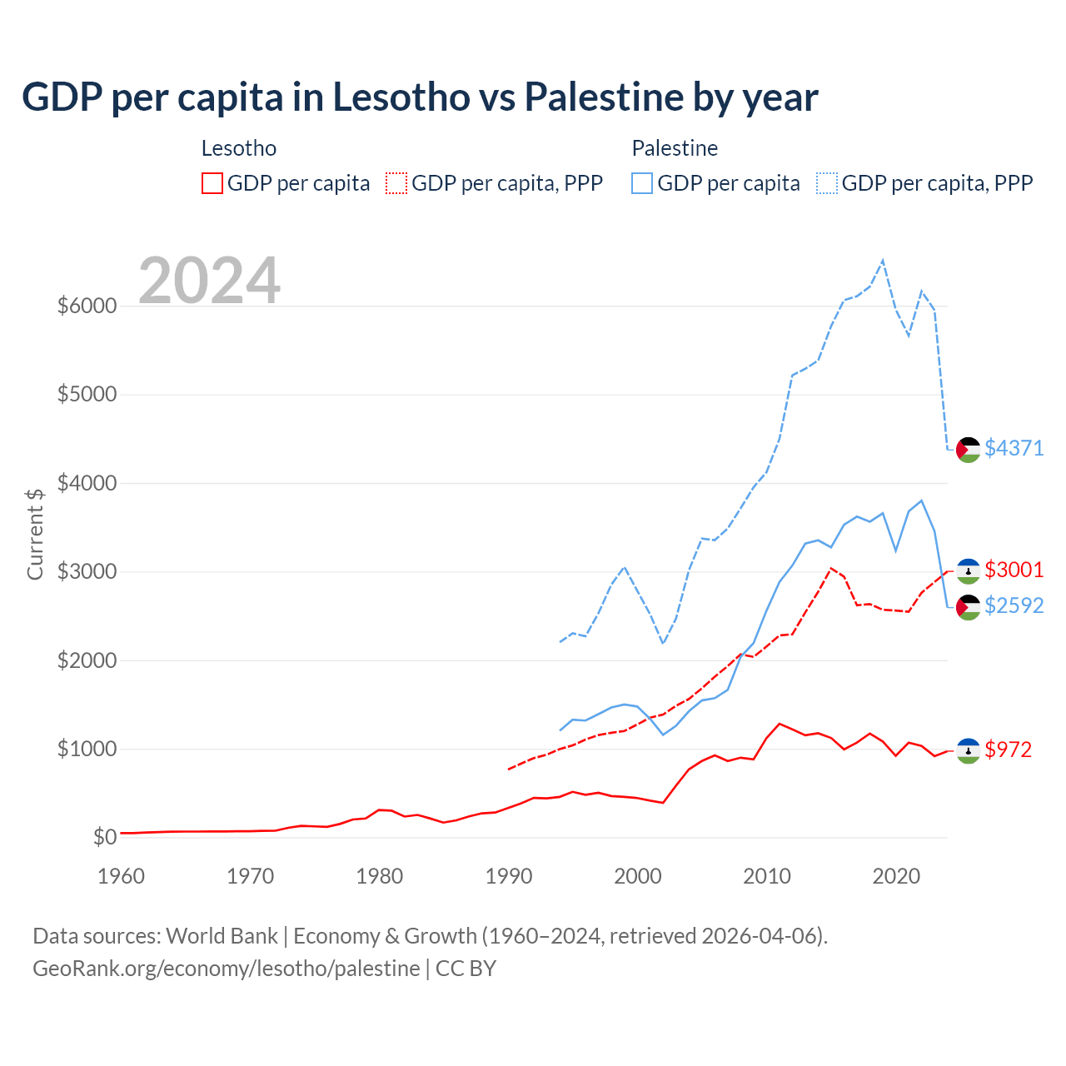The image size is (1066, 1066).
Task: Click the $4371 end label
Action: tap(1014, 448)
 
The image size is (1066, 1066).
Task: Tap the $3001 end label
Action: tap(1014, 570)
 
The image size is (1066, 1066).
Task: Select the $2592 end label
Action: tap(1014, 605)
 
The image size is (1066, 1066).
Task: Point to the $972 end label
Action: tap(1008, 750)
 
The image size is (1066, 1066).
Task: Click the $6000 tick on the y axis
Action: tap(87, 306)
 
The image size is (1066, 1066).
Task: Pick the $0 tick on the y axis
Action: tap(104, 837)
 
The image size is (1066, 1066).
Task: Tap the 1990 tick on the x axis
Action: tap(509, 876)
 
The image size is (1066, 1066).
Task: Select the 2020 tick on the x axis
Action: tap(896, 876)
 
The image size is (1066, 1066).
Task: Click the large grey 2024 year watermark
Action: tap(209, 281)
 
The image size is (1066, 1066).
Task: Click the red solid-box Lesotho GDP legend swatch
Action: tap(212, 183)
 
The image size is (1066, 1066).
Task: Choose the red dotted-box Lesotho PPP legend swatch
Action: tap(396, 183)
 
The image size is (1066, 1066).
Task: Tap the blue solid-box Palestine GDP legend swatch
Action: tap(642, 183)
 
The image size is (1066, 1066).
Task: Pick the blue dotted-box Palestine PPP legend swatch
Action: tap(827, 183)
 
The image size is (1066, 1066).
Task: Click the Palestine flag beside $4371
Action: tap(968, 450)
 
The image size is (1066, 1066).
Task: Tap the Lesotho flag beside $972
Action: tap(968, 750)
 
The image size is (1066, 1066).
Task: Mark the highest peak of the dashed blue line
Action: tap(883, 261)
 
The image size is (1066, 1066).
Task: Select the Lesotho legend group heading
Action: tap(239, 148)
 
